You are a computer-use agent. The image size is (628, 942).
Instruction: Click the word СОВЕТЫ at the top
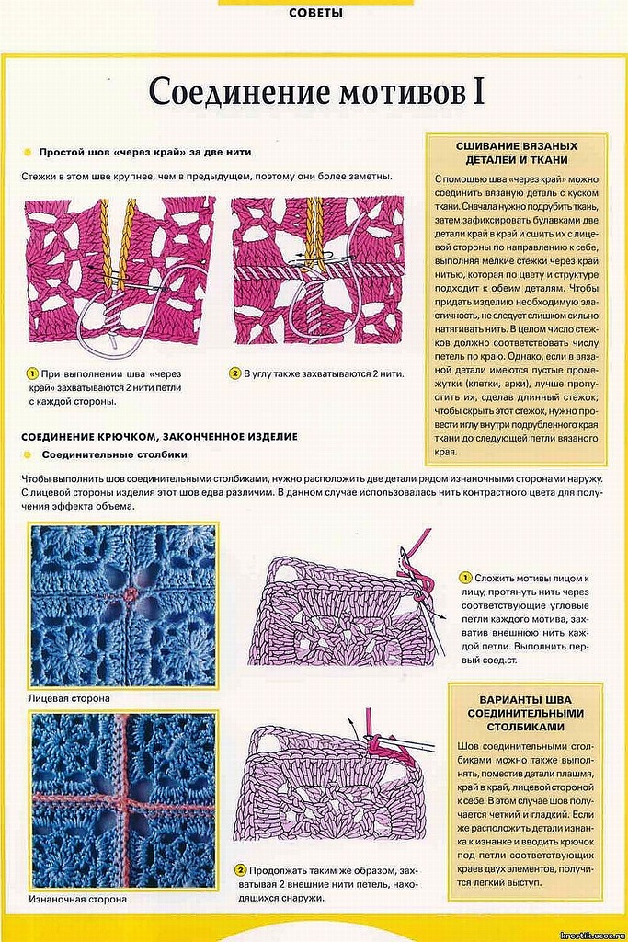pyautogui.click(x=315, y=13)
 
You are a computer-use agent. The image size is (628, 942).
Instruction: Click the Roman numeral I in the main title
pyautogui.click(x=477, y=92)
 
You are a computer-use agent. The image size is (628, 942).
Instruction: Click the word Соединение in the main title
pyautogui.click(x=230, y=93)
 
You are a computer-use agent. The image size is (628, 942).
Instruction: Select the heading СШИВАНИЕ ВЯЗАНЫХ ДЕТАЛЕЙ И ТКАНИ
pyautogui.click(x=516, y=153)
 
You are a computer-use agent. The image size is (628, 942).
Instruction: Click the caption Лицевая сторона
pyautogui.click(x=70, y=699)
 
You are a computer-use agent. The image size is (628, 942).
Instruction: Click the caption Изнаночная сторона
pyautogui.click(x=78, y=899)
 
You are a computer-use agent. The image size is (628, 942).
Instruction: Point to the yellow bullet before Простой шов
pyautogui.click(x=29, y=152)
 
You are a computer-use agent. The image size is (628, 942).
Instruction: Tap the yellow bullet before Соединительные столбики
pyautogui.click(x=29, y=454)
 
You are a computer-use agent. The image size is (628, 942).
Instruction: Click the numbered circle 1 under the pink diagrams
pyautogui.click(x=31, y=374)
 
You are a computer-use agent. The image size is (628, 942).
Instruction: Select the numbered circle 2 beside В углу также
pyautogui.click(x=235, y=374)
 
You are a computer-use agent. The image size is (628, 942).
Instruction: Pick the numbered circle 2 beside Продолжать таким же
pyautogui.click(x=240, y=869)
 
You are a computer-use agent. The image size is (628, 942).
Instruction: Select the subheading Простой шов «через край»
pyautogui.click(x=143, y=152)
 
